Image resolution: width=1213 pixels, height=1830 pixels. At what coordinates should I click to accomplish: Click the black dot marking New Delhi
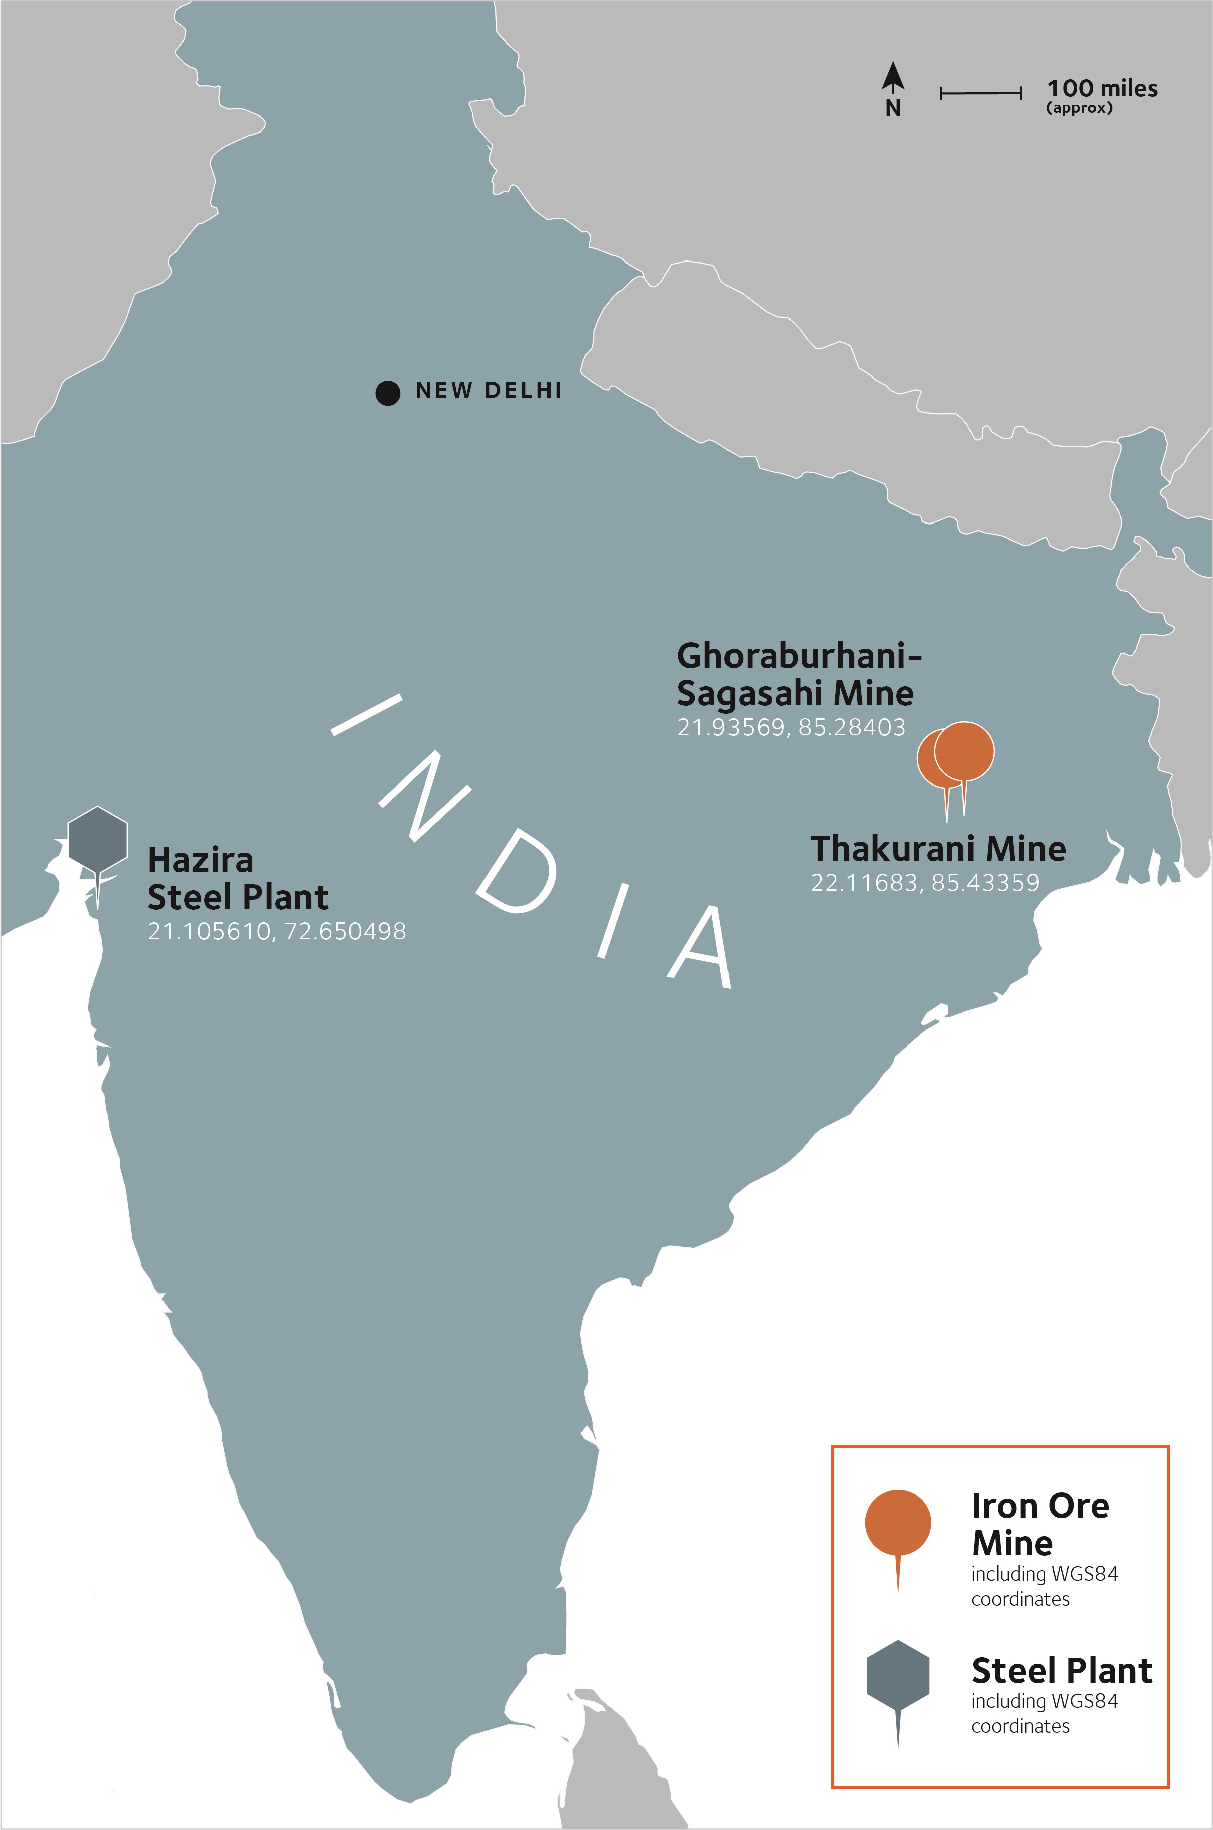click(388, 393)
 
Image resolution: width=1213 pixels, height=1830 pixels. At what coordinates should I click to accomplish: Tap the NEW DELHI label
click(488, 391)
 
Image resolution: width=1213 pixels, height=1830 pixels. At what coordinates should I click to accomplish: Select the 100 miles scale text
click(1102, 88)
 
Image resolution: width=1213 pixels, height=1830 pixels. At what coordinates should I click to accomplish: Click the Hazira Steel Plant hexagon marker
click(98, 837)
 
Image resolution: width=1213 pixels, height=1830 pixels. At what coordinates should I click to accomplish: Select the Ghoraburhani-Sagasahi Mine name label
click(798, 674)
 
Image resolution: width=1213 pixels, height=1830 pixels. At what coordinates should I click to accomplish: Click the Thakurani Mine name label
click(937, 849)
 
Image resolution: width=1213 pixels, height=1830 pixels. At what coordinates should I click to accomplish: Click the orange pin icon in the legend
click(897, 1523)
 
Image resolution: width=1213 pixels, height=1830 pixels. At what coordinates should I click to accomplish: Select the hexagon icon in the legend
click(897, 1675)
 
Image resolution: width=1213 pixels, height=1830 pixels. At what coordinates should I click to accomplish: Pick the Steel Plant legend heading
click(1061, 1671)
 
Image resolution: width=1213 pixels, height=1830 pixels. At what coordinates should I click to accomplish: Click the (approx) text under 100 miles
click(1079, 108)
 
